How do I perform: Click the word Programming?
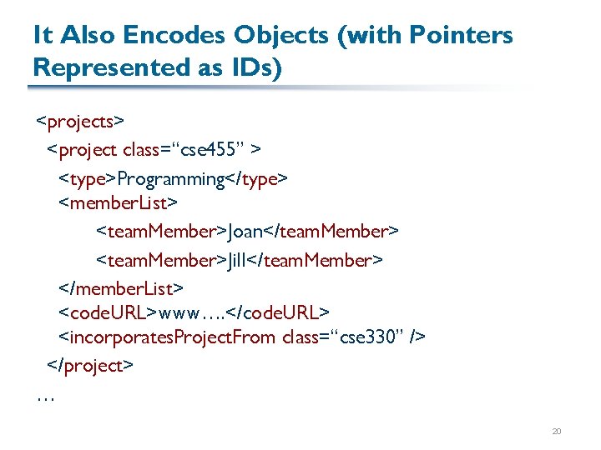click(171, 178)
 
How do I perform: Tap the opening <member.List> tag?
click(118, 202)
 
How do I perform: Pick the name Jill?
click(238, 260)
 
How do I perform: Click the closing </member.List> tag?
click(121, 287)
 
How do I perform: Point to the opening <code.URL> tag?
click(107, 312)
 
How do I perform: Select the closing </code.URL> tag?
click(278, 312)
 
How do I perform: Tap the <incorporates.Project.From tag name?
click(167, 337)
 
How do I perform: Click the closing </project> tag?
click(89, 365)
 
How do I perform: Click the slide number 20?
click(557, 432)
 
